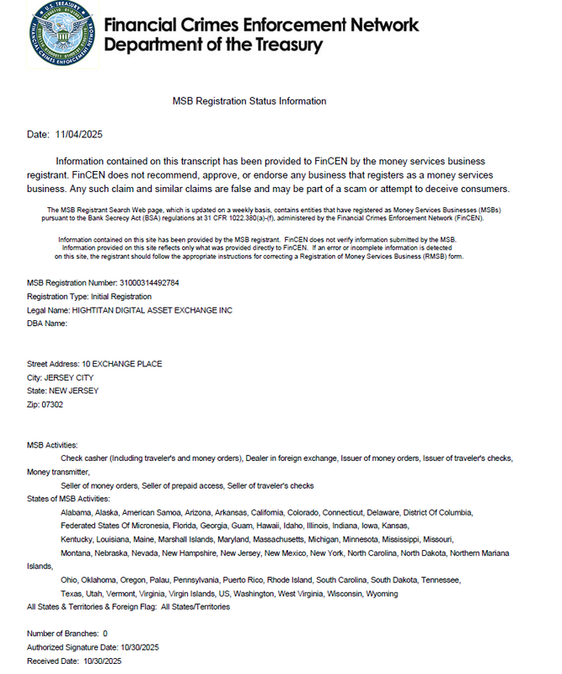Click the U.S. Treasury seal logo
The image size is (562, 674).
coord(60,35)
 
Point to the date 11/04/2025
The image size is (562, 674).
coord(78,135)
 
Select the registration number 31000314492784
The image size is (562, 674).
coord(149,283)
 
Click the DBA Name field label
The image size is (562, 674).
coord(47,324)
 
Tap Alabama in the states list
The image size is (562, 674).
coord(77,512)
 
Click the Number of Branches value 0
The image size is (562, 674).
coord(104,634)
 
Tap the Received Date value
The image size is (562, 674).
coord(102,661)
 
